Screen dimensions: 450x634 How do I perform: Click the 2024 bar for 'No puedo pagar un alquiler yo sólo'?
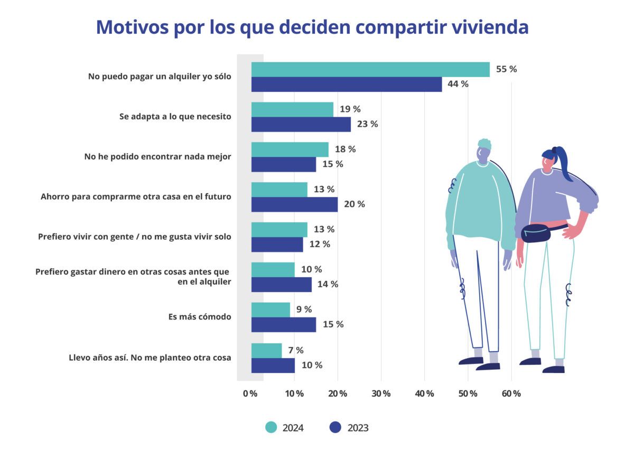tap(370, 70)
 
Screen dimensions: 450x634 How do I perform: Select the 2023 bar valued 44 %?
tap(346, 85)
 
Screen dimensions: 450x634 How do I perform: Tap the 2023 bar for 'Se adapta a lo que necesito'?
tap(301, 125)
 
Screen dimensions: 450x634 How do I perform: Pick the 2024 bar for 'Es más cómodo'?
tap(271, 310)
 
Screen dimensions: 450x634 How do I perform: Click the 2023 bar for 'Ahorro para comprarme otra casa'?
tap(294, 204)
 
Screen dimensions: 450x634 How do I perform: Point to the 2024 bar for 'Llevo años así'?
tap(266, 351)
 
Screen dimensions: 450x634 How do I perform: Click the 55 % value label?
tap(506, 69)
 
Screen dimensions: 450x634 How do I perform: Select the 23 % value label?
tap(367, 124)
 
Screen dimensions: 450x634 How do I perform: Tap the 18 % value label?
tap(345, 149)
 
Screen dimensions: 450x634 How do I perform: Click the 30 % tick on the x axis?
tap(381, 393)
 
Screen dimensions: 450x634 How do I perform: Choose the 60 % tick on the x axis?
tap(511, 393)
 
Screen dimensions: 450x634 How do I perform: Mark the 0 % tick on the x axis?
tap(250, 393)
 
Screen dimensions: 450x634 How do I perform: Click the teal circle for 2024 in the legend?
tap(271, 427)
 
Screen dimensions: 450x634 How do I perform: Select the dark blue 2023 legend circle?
tap(335, 427)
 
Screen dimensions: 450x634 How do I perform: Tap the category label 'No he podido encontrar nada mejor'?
tap(158, 156)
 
